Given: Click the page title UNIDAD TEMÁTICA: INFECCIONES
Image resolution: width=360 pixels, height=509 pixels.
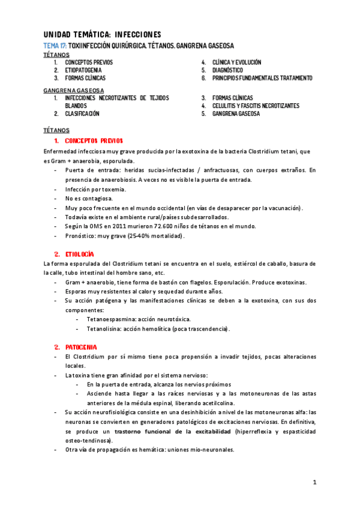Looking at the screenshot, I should click(x=103, y=35).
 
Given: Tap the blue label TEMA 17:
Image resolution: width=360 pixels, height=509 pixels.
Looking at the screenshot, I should click(x=55, y=46).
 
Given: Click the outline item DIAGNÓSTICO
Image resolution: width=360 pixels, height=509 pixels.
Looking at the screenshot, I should click(x=227, y=70).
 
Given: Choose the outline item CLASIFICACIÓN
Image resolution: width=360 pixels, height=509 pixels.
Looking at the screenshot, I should click(x=82, y=113).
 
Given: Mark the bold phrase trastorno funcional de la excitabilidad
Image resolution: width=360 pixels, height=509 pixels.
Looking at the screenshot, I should click(x=173, y=431).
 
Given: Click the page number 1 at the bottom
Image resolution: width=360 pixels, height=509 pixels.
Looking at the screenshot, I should click(x=314, y=482).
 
